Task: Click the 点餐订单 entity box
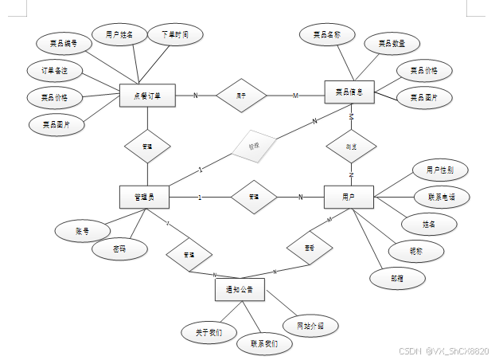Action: pos(146,96)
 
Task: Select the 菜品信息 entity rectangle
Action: pos(349,92)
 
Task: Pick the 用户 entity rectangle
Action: pos(349,197)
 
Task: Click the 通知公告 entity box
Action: pos(239,289)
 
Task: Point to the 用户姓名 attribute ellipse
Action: pos(124,34)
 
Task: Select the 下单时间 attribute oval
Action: pos(175,34)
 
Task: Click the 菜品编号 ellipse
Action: pos(63,43)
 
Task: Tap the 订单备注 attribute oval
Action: pos(55,70)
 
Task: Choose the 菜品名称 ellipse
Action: pos(326,35)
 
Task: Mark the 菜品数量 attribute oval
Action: pos(391,43)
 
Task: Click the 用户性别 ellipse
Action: pos(440,170)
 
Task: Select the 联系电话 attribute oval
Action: pos(442,196)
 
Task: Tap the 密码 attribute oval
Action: pos(119,249)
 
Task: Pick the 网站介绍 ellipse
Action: pos(310,326)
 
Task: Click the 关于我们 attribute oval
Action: pos(209,331)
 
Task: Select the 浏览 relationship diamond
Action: pos(350,147)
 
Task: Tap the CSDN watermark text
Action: pos(443,350)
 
